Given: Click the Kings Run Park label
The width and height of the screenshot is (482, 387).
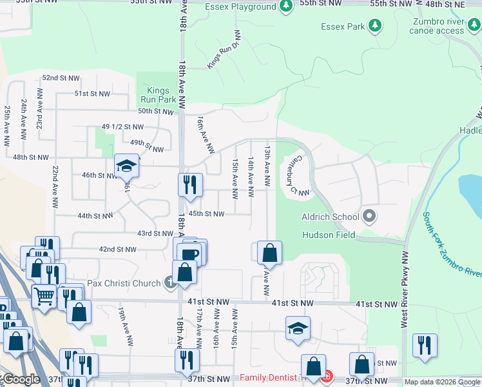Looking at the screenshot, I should pos(158,95).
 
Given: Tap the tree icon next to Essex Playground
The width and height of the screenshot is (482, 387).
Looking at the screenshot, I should pos(286,6).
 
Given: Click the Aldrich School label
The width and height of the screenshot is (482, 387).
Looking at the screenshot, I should pos(331,217).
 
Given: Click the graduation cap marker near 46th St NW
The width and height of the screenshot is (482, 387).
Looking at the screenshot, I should pos(126,167).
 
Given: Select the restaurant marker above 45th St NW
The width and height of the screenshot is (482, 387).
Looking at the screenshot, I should pos(190,184).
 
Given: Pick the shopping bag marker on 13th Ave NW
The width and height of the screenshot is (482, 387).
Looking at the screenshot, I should pos(269,253).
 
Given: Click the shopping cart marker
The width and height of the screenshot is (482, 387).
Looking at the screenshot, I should pos(44,297).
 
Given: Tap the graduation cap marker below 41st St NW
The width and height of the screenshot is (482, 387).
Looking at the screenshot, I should pos(298,328).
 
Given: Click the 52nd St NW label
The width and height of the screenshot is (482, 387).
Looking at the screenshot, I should pos(61,78).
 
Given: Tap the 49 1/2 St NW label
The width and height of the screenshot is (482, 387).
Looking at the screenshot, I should pos(123,127).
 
